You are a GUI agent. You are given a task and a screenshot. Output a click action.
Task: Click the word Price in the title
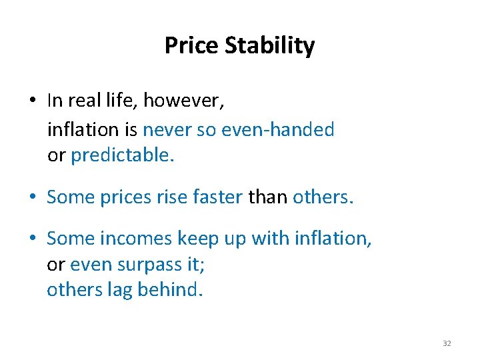point(192,46)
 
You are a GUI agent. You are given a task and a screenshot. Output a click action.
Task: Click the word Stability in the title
point(270,46)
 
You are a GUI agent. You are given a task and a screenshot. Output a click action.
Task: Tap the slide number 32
point(447,343)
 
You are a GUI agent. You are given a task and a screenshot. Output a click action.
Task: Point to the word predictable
point(122,155)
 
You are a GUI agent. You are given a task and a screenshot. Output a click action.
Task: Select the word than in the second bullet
point(268,197)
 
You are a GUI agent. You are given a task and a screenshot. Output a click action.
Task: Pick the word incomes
point(133,239)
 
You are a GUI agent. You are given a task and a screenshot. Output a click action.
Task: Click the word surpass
point(147,265)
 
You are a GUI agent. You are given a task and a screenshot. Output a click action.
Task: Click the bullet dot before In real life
point(33,101)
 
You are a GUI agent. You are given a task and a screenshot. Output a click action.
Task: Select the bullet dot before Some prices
point(33,198)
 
